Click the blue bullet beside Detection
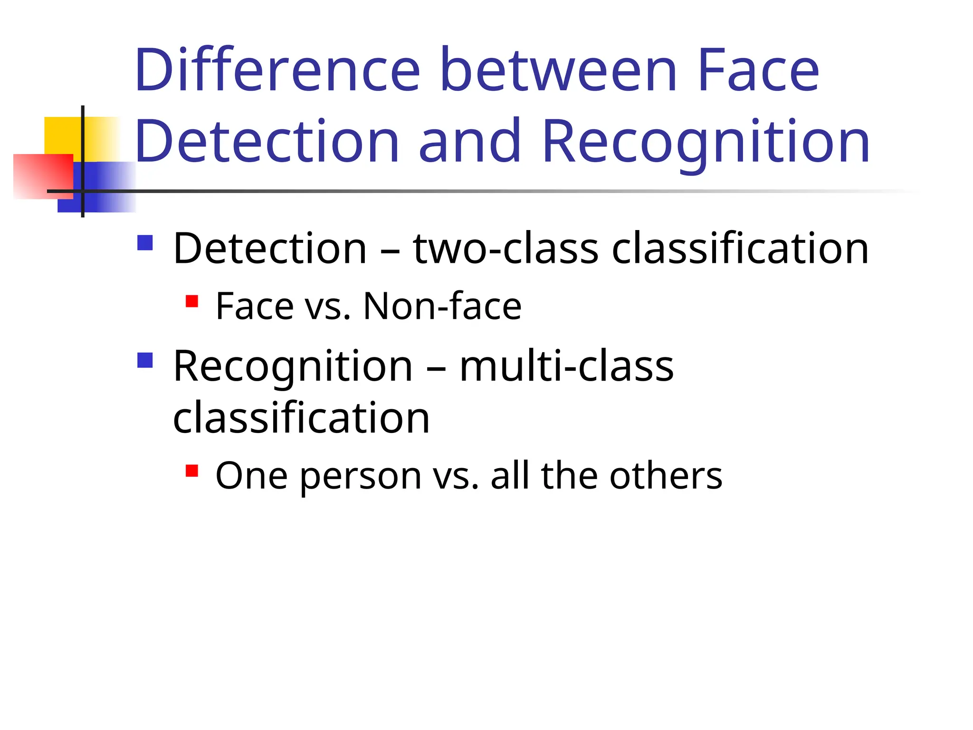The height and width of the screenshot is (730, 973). pos(145,243)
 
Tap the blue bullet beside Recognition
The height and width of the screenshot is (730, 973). pos(145,360)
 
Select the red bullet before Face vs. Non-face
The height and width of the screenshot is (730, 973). pos(192,301)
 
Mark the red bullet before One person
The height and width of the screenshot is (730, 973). pos(192,471)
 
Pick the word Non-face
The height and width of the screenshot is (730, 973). pos(442,307)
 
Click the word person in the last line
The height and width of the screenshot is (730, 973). pos(361,476)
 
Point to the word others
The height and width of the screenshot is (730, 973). pos(666,476)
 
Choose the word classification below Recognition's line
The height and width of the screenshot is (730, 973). pos(301,418)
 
